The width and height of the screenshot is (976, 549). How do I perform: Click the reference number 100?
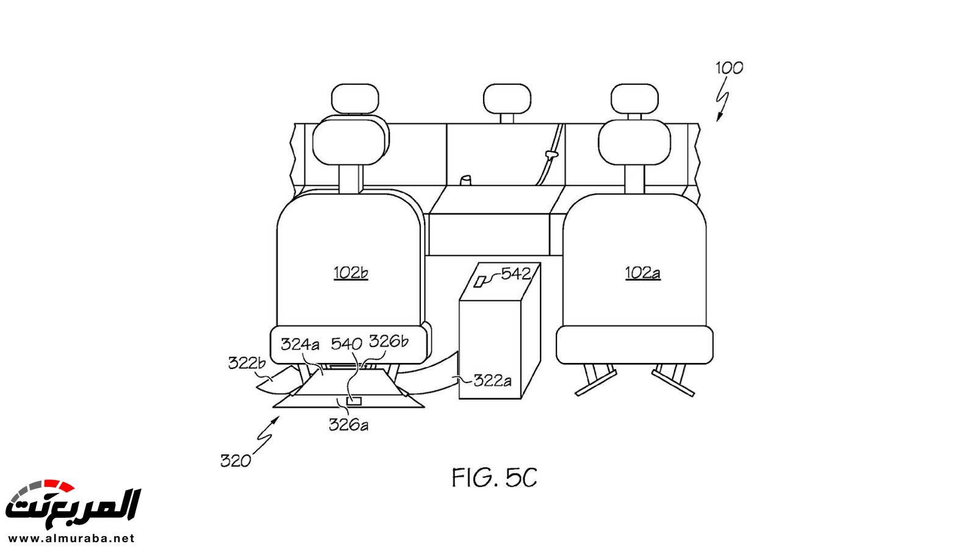[730, 68]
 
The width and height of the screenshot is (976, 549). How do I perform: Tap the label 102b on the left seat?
[351, 273]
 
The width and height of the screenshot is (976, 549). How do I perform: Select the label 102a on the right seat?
[643, 273]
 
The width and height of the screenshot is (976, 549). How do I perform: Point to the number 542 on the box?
[516, 274]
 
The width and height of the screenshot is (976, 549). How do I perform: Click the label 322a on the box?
[492, 381]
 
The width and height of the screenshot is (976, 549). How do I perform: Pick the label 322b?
[246, 362]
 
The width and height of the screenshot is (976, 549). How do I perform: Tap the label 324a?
[300, 344]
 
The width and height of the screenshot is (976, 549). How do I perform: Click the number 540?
[346, 344]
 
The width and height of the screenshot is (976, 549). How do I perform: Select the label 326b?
[389, 341]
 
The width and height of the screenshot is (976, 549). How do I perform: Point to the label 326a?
[348, 425]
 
